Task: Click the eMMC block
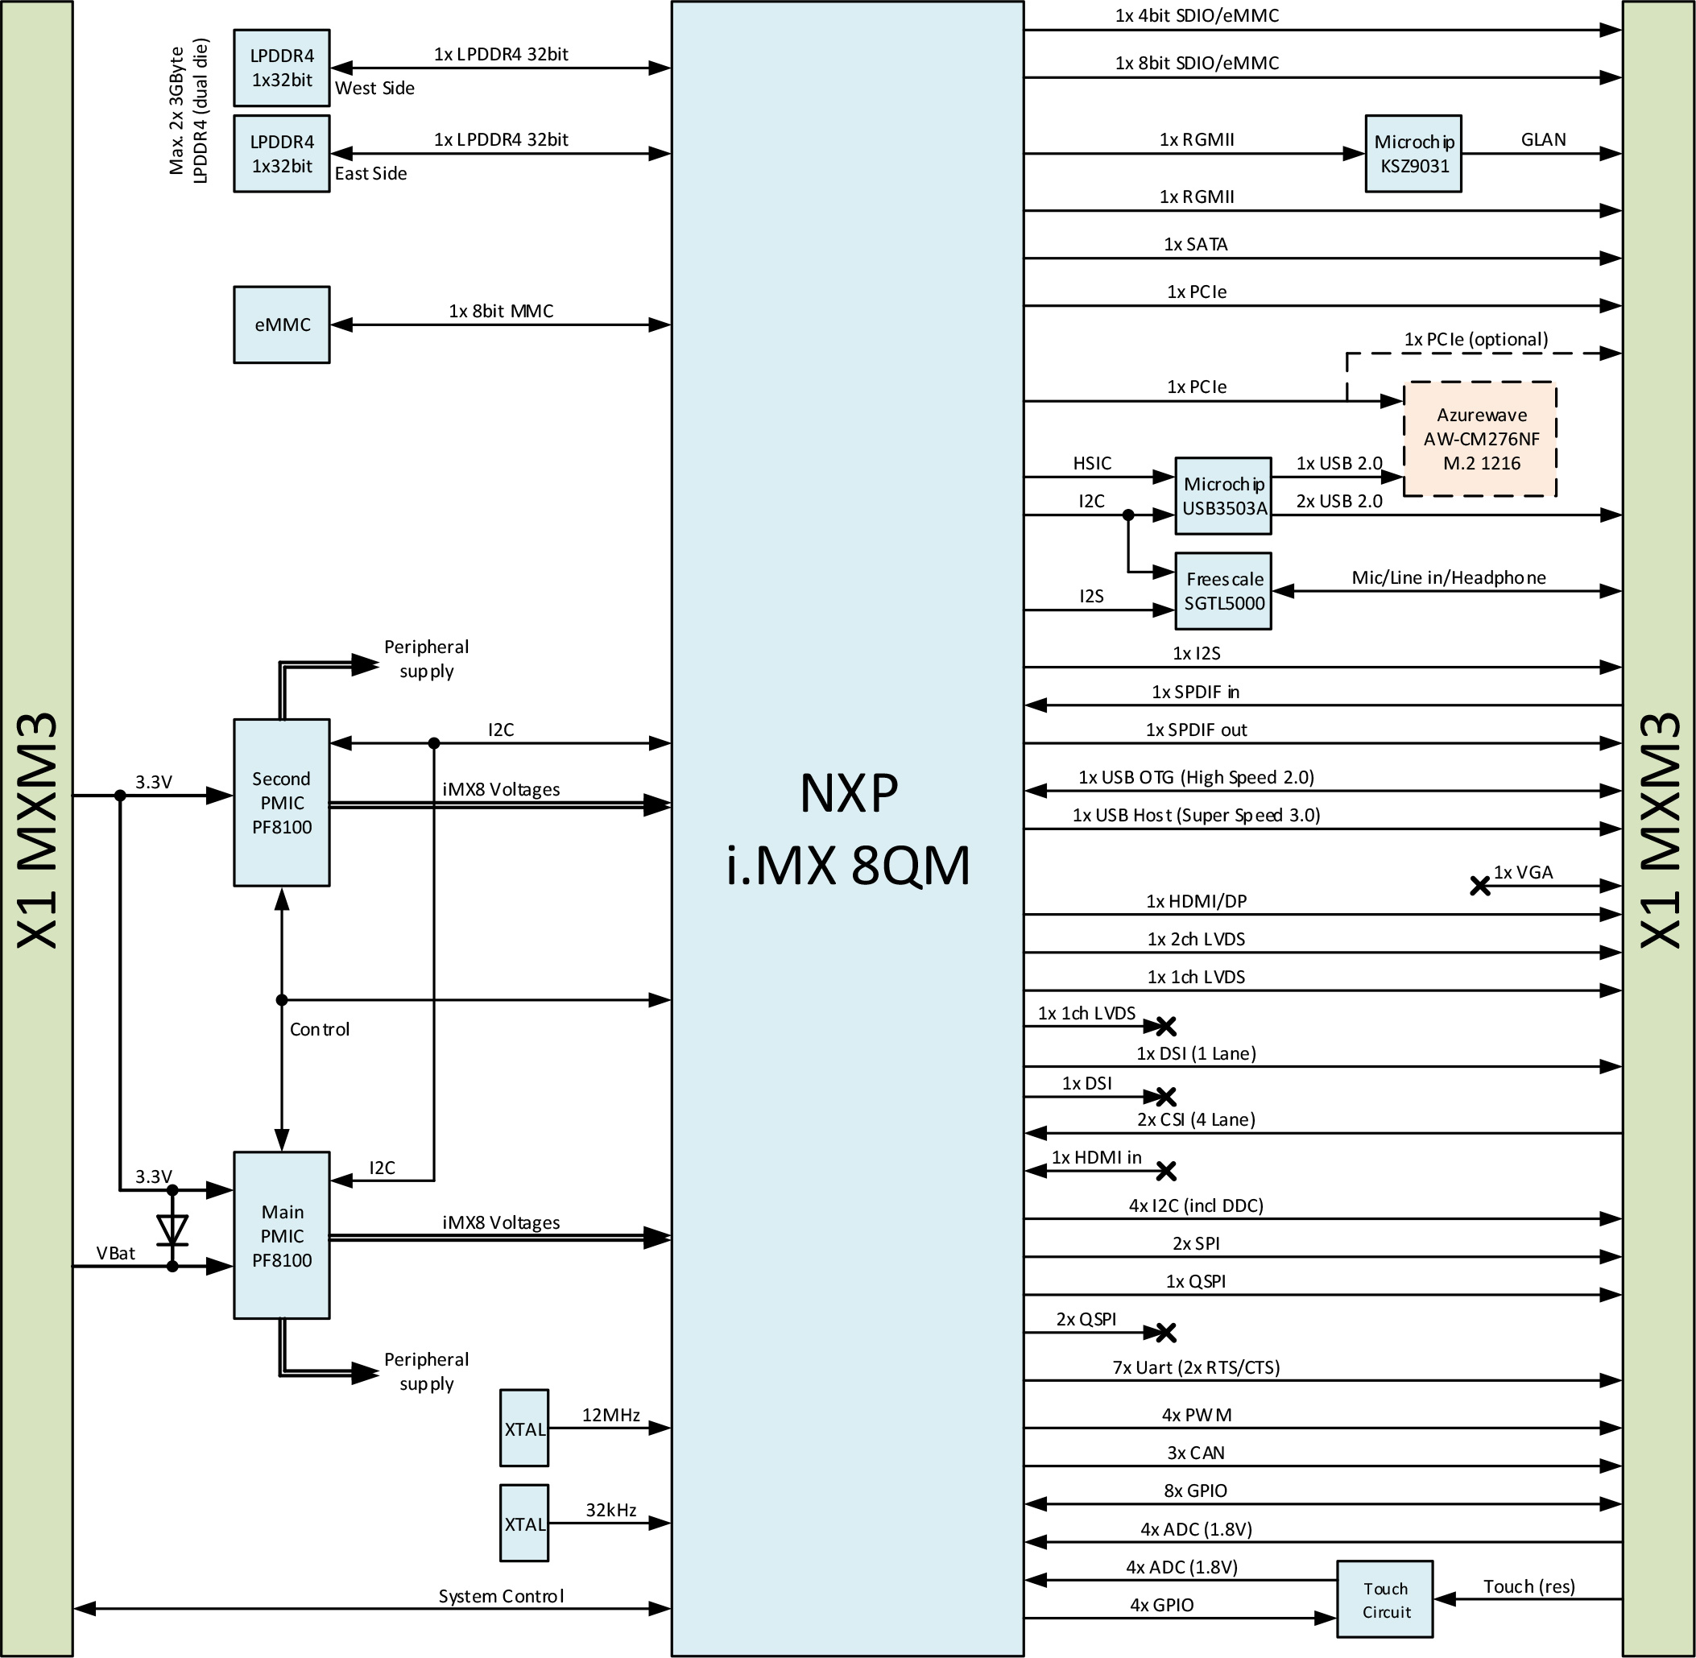point(281,325)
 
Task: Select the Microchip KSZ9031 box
point(1413,153)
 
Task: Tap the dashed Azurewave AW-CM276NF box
point(1480,439)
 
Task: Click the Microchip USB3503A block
point(1223,495)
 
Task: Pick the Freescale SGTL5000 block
point(1223,591)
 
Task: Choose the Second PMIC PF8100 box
point(281,802)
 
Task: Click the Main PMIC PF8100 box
point(281,1234)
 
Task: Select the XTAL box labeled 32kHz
point(524,1523)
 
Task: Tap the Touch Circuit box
point(1385,1598)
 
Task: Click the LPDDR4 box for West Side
point(281,68)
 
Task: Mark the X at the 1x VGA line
point(1480,886)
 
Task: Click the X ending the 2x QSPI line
point(1165,1333)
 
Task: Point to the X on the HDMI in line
point(1165,1171)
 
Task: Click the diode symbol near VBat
point(172,1229)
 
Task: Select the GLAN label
point(1544,139)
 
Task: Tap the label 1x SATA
point(1196,245)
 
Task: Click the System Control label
point(501,1595)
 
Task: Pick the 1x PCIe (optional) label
point(1476,340)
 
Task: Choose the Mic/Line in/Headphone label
point(1449,577)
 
